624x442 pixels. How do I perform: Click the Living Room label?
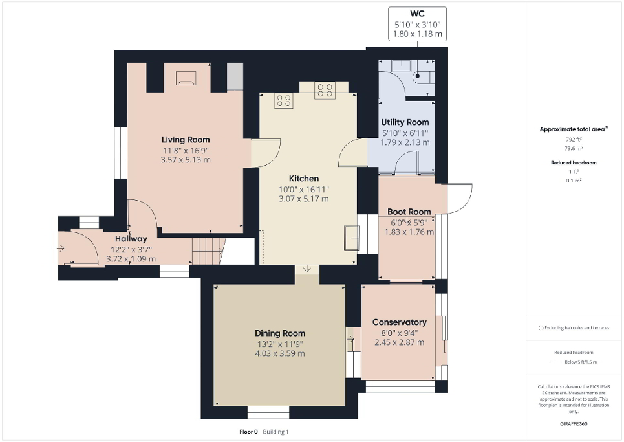click(x=185, y=140)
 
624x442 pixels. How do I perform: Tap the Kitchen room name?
click(x=303, y=178)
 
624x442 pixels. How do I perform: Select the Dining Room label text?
click(x=279, y=333)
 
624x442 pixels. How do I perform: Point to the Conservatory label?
click(x=399, y=322)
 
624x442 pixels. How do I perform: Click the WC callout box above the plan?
click(x=417, y=25)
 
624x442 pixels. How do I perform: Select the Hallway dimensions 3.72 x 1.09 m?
click(x=131, y=259)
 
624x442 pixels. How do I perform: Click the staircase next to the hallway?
click(x=206, y=250)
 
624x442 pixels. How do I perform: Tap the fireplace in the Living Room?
click(x=186, y=78)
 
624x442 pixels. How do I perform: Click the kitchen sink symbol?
click(x=352, y=237)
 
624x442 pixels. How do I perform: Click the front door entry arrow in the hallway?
click(x=61, y=248)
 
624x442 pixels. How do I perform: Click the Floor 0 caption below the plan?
click(x=248, y=432)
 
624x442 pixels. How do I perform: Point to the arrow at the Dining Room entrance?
click(x=307, y=269)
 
